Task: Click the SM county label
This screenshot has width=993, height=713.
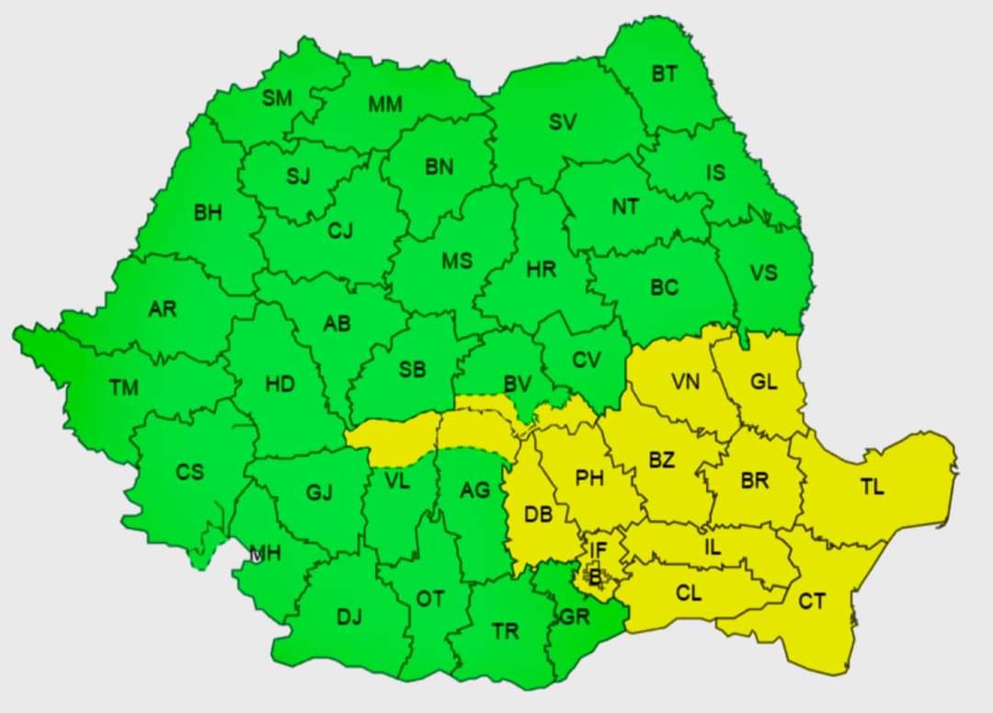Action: click(277, 98)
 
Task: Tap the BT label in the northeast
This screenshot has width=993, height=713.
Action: click(665, 74)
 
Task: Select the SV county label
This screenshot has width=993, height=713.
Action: click(563, 121)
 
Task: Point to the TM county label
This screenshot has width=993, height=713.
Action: click(124, 387)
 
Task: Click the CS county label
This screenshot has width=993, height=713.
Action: click(190, 472)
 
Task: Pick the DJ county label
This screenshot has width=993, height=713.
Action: click(348, 616)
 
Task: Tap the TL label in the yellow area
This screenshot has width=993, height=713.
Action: click(872, 487)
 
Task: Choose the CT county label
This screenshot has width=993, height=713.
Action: click(811, 601)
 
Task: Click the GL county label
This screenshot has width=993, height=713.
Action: click(763, 381)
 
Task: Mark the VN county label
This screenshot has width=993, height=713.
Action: click(685, 381)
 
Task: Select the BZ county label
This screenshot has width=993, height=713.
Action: click(661, 460)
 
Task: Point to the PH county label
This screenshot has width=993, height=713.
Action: click(589, 477)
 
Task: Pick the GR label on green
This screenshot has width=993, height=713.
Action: click(574, 616)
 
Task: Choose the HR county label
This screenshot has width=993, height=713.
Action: click(541, 270)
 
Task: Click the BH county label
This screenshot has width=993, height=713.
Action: click(208, 213)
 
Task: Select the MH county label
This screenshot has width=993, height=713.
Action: click(266, 553)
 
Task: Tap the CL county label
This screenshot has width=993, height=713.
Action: click(689, 593)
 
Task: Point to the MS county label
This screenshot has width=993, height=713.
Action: click(457, 260)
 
